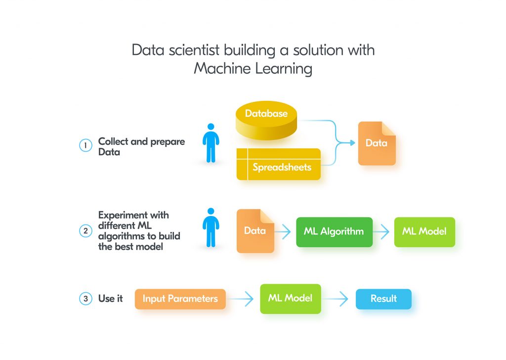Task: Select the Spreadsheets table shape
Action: [278, 165]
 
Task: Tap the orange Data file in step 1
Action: [377, 143]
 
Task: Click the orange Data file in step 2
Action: [255, 231]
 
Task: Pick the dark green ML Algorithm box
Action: [334, 231]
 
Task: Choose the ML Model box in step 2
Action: [424, 231]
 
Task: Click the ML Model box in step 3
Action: [290, 299]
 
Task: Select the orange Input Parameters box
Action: [180, 299]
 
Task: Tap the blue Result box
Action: [383, 299]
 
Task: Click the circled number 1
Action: [85, 145]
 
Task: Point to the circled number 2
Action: [85, 231]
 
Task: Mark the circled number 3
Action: [85, 299]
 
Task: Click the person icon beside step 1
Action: [211, 143]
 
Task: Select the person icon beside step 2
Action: [211, 228]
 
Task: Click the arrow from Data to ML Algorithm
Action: [284, 231]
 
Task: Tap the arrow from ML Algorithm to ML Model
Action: [381, 231]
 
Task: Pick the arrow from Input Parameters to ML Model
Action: [242, 299]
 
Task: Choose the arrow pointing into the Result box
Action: [337, 299]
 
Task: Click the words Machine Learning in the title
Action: [253, 68]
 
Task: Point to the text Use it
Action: [110, 299]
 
